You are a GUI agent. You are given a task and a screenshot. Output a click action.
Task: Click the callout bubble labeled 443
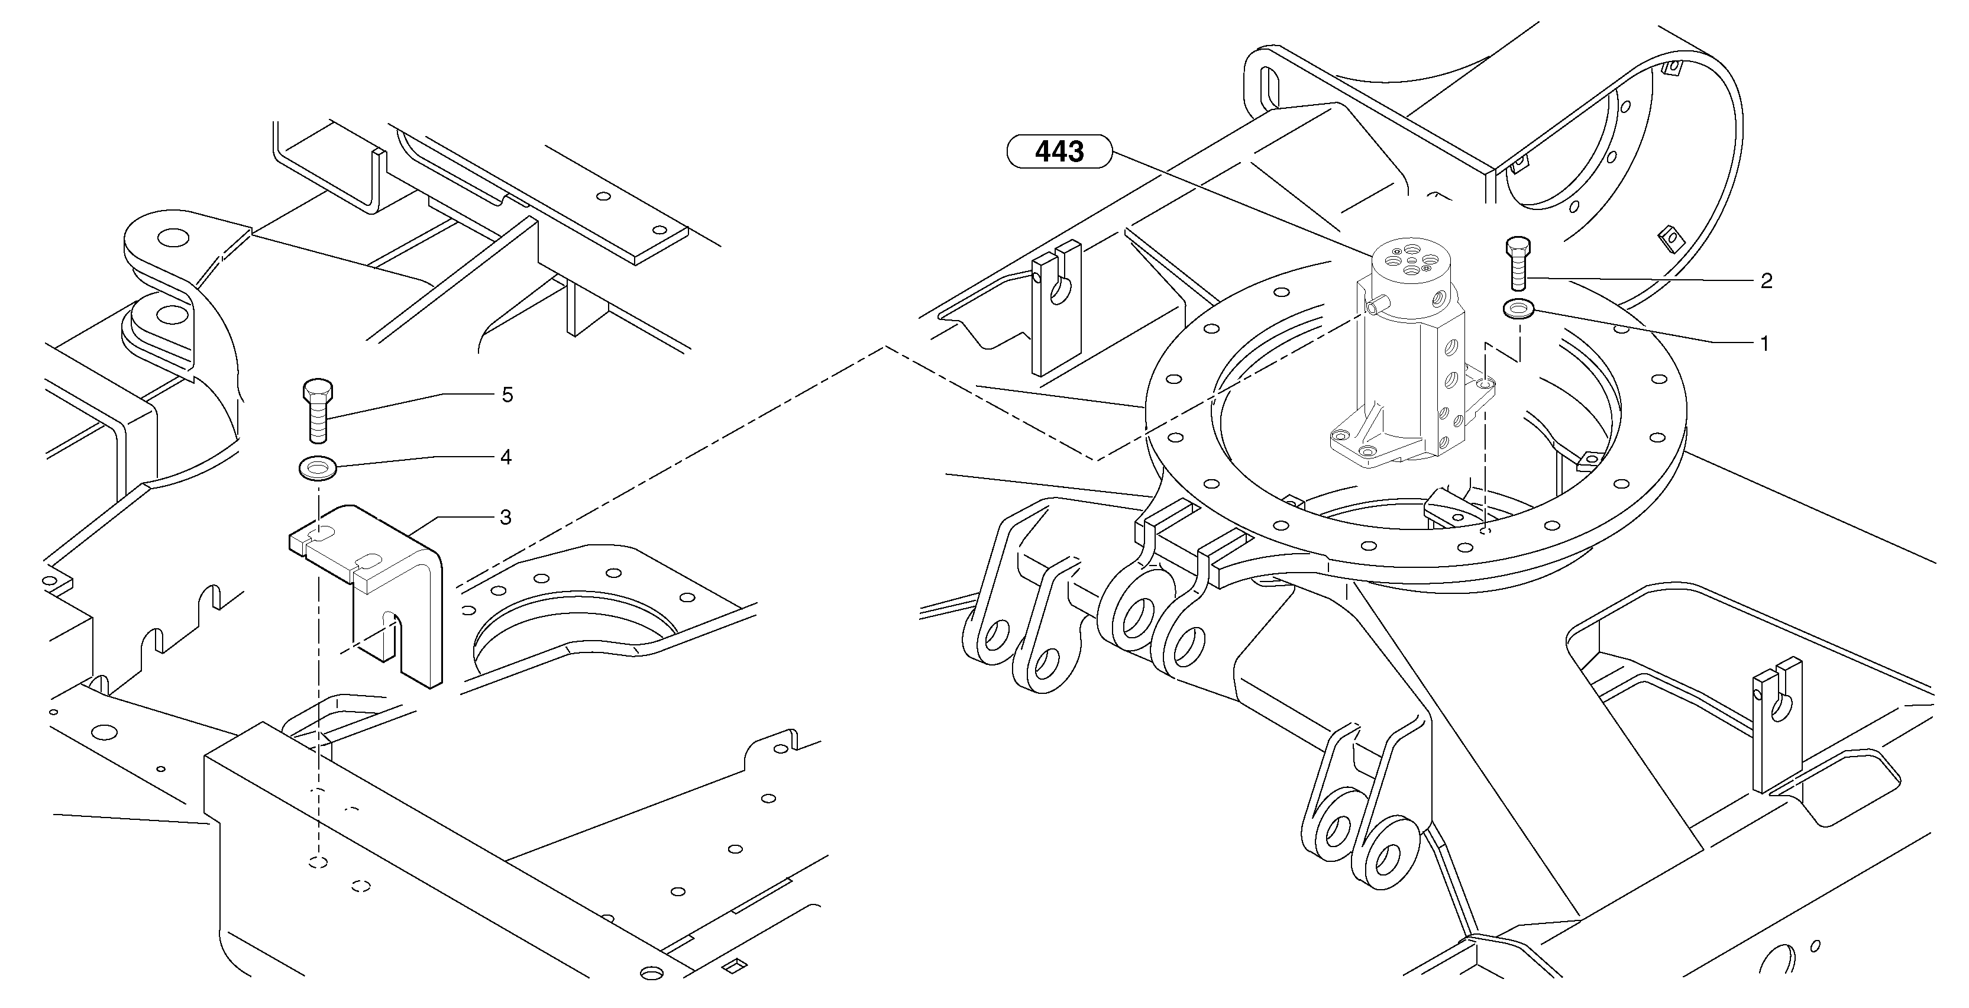1059,151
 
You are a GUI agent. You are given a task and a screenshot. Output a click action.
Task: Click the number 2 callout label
1766,281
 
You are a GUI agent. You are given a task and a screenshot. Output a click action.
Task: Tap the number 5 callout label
507,395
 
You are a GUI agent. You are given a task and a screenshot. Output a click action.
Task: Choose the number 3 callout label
505,518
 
